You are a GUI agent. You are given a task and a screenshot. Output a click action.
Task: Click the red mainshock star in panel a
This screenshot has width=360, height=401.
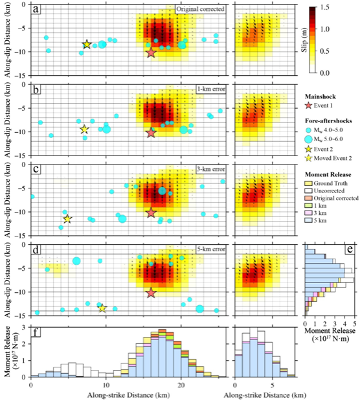[151, 52]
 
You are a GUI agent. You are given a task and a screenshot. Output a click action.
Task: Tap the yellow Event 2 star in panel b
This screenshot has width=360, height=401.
[84, 130]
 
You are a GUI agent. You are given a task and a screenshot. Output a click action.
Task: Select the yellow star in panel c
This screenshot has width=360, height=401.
[67, 219]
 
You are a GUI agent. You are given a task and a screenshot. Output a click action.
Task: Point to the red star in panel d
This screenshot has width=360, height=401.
[151, 293]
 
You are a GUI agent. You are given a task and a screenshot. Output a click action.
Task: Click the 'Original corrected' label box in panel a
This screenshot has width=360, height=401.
[200, 9]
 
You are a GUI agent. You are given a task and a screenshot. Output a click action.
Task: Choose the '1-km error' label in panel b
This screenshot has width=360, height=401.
[211, 89]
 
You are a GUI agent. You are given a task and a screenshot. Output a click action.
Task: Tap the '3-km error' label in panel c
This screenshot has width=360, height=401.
[211, 169]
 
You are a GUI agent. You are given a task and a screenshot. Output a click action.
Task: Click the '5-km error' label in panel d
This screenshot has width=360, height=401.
[211, 249]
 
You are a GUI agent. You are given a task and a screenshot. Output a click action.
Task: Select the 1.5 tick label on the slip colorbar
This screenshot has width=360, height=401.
[324, 7]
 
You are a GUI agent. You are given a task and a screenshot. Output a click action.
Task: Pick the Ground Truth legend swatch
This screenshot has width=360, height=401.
[308, 183]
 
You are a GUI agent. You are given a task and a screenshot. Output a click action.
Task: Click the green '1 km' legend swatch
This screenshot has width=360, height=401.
[308, 205]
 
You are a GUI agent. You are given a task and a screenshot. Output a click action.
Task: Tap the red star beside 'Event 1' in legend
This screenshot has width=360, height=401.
[309, 106]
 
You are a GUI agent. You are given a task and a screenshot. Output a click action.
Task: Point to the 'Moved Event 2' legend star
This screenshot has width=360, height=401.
[309, 158]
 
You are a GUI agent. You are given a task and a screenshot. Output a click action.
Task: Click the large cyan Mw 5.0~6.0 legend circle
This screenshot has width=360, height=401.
[309, 139]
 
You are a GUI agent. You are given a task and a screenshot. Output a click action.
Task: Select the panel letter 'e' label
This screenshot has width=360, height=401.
[350, 249]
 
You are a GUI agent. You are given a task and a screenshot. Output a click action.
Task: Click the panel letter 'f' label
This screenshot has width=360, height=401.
[36, 332]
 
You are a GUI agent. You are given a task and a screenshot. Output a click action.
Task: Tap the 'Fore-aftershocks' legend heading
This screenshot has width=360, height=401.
[328, 120]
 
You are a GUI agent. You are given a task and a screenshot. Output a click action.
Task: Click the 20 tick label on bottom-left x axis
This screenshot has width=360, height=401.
[181, 385]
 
